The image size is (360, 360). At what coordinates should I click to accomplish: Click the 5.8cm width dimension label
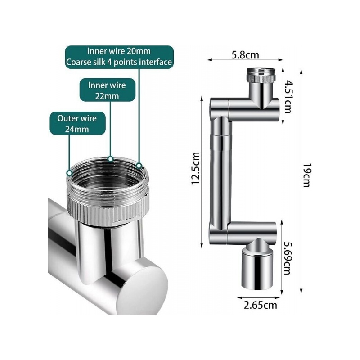click(x=245, y=55)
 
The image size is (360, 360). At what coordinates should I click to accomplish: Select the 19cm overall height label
click(x=306, y=175)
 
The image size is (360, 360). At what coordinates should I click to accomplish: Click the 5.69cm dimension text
click(x=287, y=258)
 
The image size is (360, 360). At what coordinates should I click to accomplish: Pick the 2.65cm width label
click(x=260, y=305)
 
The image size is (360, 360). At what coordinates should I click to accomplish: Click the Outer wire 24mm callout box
click(x=77, y=123)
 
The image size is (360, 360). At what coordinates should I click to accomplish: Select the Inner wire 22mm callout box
click(x=108, y=90)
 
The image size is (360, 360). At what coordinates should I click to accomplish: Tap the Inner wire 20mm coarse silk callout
click(x=119, y=57)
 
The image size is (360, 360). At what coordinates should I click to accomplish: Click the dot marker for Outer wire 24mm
click(x=69, y=173)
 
